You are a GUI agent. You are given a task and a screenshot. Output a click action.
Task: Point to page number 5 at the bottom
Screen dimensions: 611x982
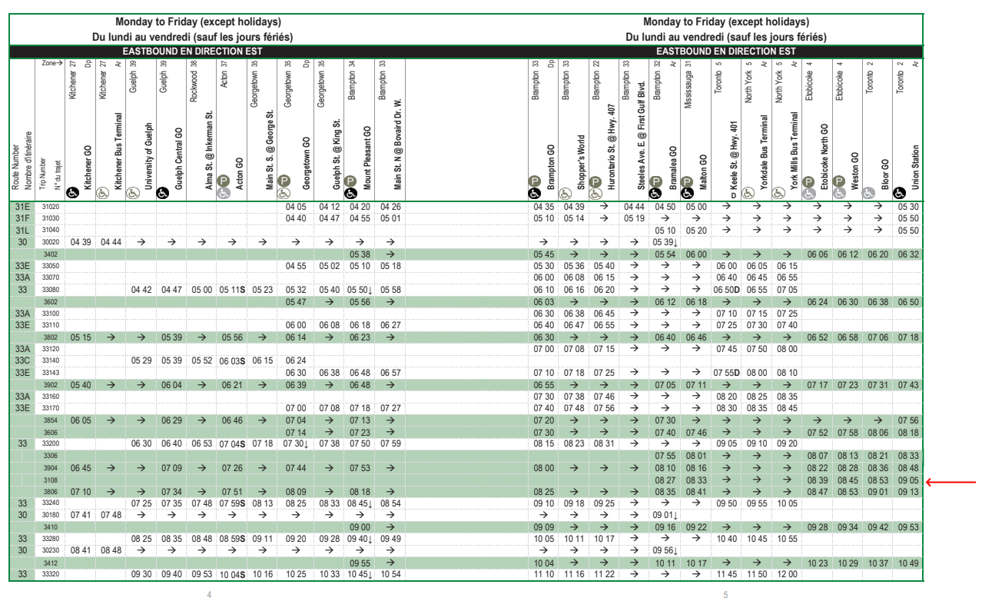[x=725, y=594]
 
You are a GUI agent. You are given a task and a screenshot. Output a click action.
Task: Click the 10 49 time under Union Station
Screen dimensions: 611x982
[x=907, y=563]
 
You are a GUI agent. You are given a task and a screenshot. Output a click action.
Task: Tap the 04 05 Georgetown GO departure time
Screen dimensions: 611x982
[x=296, y=207]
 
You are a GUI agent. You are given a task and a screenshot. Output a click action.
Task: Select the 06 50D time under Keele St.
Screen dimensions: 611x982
[x=726, y=290]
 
